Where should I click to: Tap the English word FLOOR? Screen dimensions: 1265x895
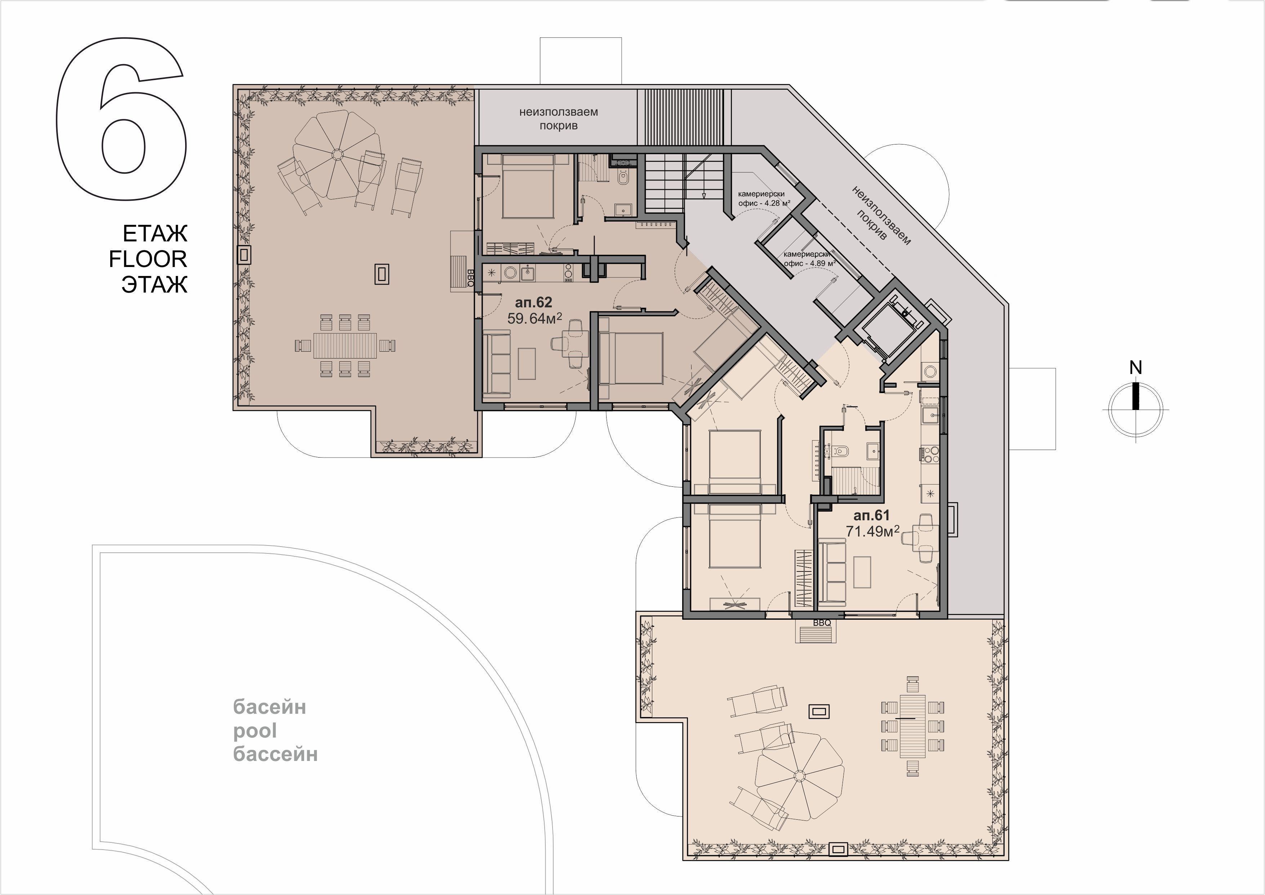148,259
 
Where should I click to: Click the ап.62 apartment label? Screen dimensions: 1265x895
533,303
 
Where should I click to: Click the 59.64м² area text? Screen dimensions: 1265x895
535,319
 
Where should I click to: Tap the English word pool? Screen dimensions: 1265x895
255,731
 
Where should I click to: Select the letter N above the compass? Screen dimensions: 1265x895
1136,367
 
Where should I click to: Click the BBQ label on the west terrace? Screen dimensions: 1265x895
470,278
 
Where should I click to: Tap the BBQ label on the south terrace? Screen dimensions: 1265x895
822,623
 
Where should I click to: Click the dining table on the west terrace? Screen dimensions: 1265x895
345,346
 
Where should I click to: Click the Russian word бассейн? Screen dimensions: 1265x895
276,753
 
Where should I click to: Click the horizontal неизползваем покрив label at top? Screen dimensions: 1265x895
558,119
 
